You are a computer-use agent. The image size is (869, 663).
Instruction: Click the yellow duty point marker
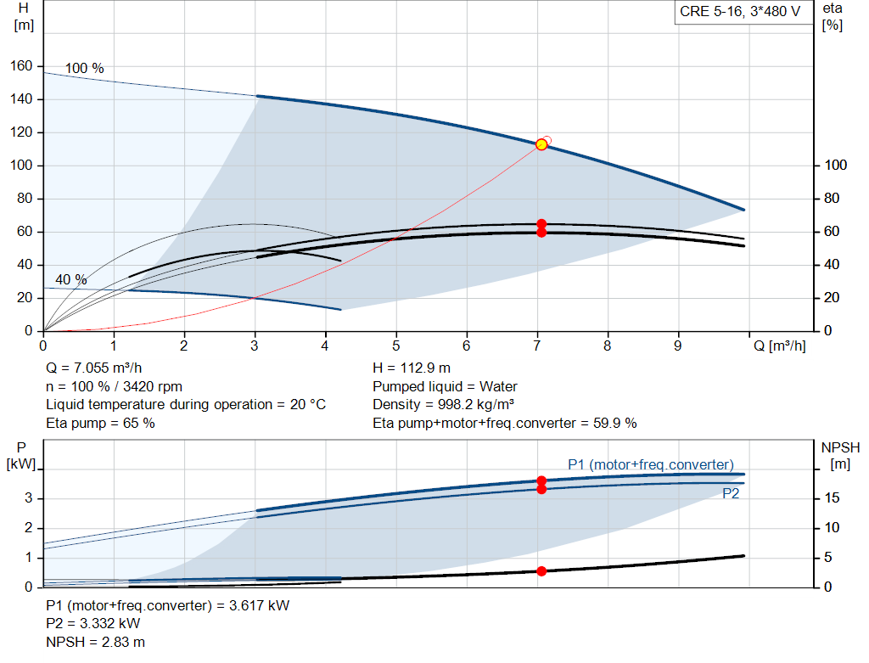541,144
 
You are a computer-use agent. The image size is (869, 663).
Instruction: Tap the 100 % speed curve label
84,68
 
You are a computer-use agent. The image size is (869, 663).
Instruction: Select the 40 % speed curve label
71,279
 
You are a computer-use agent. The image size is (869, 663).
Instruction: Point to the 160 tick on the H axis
21,66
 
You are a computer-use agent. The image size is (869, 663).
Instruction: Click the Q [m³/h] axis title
780,346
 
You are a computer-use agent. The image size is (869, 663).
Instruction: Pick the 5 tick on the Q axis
395,346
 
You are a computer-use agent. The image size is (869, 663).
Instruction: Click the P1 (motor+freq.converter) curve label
651,464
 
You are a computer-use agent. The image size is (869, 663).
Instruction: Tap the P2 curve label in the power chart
731,493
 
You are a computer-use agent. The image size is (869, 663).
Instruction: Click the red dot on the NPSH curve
541,571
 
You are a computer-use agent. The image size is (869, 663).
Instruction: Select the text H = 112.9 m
412,368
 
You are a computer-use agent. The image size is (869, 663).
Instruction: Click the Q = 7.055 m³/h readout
94,368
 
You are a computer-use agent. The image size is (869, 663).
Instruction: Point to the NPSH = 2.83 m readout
95,642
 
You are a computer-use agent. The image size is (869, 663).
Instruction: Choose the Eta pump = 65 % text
100,424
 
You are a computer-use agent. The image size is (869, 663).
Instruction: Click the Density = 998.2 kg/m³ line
443,405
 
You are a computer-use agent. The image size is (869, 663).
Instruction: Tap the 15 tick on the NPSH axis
832,497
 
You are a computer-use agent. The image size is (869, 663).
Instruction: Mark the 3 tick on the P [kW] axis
29,497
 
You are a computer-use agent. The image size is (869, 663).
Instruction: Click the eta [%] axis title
833,17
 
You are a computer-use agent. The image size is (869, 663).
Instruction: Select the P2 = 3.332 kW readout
93,624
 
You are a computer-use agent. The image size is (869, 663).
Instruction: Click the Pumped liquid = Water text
445,386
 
